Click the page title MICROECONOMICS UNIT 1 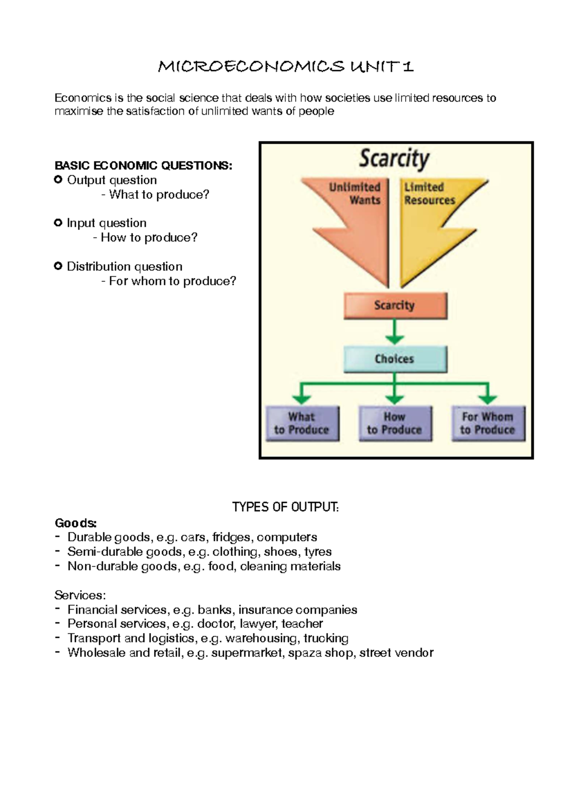(286, 66)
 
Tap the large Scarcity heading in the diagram (394, 158)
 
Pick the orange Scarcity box (395, 305)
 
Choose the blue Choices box (395, 359)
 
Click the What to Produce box (302, 424)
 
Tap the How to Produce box (395, 424)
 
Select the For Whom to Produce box (488, 424)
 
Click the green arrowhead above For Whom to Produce (488, 398)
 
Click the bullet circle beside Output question (58, 180)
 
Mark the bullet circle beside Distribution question (58, 266)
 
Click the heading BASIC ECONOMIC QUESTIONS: (143, 166)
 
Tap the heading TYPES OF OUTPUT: (286, 507)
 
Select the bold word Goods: (75, 523)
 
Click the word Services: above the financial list (80, 595)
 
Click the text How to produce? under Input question (149, 238)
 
